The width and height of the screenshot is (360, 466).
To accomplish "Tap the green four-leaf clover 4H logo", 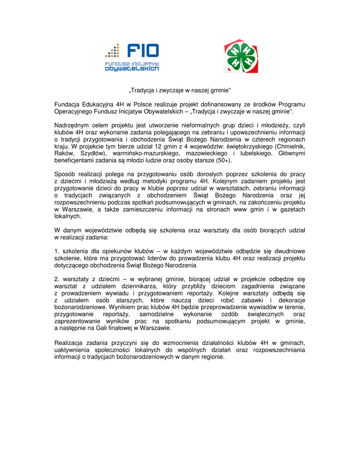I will pyautogui.click(x=240, y=56).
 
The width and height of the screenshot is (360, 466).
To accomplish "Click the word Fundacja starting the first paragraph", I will pyautogui.click(x=67, y=105).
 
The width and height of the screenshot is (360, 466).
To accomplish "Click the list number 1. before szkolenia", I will pyautogui.click(x=57, y=251).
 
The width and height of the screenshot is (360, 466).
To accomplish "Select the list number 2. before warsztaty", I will pyautogui.click(x=57, y=279).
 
